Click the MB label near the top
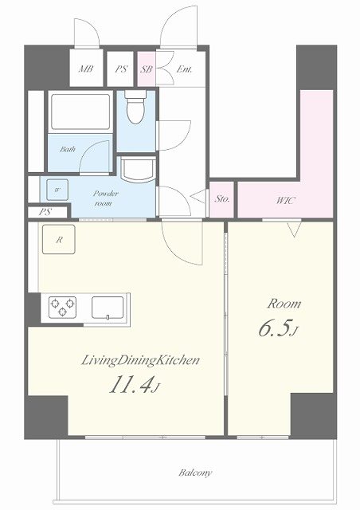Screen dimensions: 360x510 pos(86,69)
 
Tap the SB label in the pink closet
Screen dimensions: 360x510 pos(147,69)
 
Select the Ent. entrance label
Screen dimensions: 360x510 pos(184,69)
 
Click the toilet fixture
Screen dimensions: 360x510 pos(135,107)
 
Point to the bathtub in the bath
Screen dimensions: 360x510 pos(80,112)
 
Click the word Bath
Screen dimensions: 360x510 pos(68,149)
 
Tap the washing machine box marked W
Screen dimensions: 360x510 pos(57,190)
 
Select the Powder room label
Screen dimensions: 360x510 pos(105,198)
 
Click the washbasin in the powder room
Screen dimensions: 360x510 pos(138,169)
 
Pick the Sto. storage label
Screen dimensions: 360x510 pos(221,199)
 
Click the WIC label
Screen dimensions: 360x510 pos(285,200)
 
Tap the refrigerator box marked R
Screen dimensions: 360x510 pos(58,239)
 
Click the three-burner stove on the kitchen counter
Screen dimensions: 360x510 pos(62,307)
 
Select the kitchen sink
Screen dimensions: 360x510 pos(108,308)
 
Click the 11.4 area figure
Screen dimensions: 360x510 pos(135,386)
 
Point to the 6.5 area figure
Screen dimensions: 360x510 pos(279,329)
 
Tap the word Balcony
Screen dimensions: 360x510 pos(195,473)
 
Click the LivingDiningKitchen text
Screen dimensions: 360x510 pos(140,361)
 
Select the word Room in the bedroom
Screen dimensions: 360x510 pos(284,304)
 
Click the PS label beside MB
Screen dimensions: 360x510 pos(121,69)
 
